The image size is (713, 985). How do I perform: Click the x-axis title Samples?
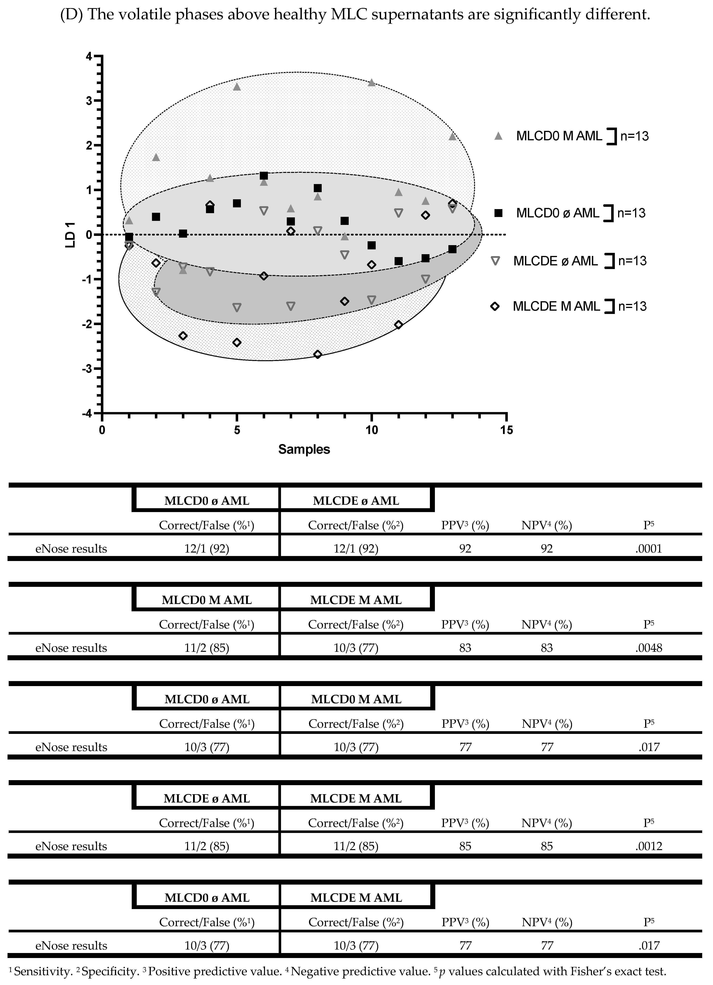click(x=304, y=449)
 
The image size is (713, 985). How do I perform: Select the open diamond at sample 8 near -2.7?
click(x=318, y=354)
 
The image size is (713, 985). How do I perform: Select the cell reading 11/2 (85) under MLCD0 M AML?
click(x=206, y=648)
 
